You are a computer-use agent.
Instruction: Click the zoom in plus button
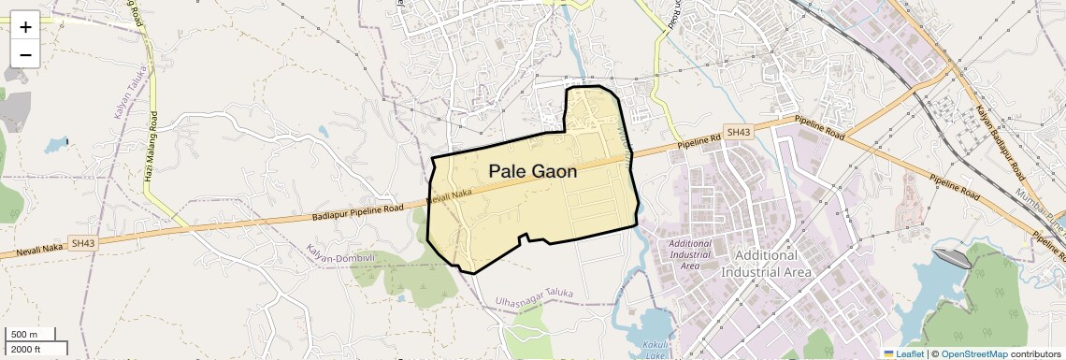pyautogui.click(x=25, y=27)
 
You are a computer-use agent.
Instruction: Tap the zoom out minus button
pyautogui.click(x=25, y=55)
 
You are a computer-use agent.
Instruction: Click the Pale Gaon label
pyautogui.click(x=532, y=171)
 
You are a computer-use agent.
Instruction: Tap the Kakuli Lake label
pyautogui.click(x=655, y=350)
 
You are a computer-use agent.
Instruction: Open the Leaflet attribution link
pyautogui.click(x=903, y=353)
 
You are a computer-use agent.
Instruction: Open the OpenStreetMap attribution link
pyautogui.click(x=973, y=353)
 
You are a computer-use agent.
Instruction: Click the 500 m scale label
pyautogui.click(x=25, y=335)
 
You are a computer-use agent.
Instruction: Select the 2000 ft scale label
pyautogui.click(x=25, y=349)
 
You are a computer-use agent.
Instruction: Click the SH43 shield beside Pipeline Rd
pyautogui.click(x=738, y=133)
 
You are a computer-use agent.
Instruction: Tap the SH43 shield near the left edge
pyautogui.click(x=82, y=244)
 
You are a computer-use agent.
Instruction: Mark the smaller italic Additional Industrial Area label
pyautogui.click(x=690, y=254)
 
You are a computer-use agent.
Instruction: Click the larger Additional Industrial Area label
pyautogui.click(x=766, y=264)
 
